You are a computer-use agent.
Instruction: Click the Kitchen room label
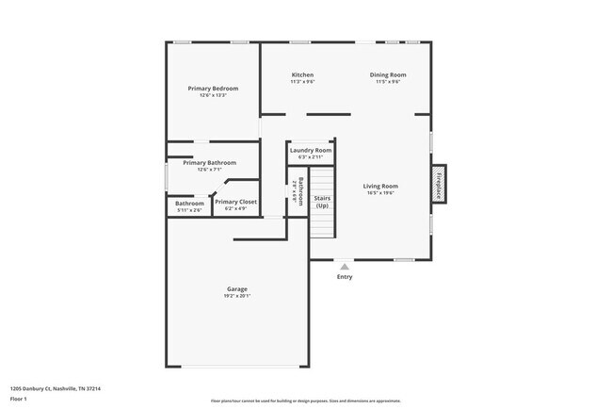[302, 75]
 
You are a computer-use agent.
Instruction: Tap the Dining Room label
[387, 75]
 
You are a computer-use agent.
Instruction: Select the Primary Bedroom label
[213, 89]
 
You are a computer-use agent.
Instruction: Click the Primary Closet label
[235, 202]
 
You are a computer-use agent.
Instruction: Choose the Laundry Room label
[310, 150]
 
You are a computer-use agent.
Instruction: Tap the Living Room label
[380, 186]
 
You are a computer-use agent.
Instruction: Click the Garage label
[236, 288]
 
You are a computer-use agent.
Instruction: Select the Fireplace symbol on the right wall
[438, 184]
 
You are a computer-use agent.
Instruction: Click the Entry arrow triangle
[345, 267]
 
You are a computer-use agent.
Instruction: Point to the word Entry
[345, 277]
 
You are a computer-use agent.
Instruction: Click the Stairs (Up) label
[322, 202]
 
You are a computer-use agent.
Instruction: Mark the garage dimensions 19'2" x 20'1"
[236, 296]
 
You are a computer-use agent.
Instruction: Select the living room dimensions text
[380, 193]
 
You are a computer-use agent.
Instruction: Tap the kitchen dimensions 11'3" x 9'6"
[302, 82]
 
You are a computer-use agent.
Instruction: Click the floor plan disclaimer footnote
[305, 400]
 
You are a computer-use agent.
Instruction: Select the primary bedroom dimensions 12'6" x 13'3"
[213, 95]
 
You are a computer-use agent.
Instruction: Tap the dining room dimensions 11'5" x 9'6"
[387, 82]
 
